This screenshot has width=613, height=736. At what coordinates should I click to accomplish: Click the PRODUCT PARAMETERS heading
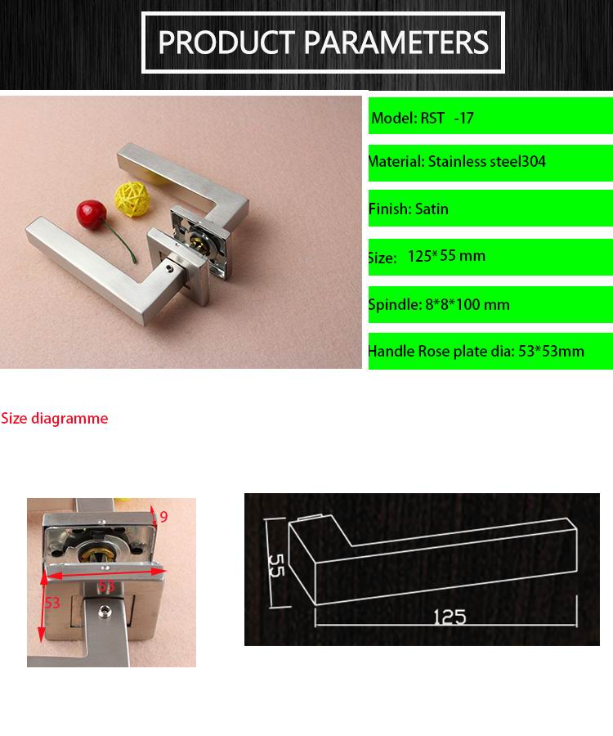tap(323, 43)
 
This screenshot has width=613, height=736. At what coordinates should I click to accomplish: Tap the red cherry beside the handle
tap(91, 214)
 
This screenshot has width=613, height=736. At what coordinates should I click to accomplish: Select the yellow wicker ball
tap(132, 199)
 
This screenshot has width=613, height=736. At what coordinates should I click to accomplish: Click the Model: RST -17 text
tap(422, 118)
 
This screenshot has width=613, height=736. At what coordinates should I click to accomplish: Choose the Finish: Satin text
tap(409, 209)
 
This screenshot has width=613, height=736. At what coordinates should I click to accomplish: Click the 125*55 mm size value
tap(446, 256)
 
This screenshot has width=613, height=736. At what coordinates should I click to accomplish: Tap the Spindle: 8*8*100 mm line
tap(439, 304)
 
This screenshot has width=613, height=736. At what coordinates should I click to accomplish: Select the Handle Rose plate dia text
tap(441, 351)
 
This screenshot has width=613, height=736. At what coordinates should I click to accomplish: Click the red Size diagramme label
tap(55, 418)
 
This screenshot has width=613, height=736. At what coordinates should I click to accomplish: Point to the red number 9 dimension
tap(163, 517)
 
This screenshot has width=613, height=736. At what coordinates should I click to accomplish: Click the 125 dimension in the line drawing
tap(450, 617)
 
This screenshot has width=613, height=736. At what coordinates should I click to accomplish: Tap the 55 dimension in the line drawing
tap(277, 565)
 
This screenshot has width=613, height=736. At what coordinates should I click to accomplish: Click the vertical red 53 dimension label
tap(52, 602)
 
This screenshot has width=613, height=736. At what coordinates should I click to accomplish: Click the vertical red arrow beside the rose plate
tap(43, 606)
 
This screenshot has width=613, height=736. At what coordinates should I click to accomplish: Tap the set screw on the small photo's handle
tap(104, 611)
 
